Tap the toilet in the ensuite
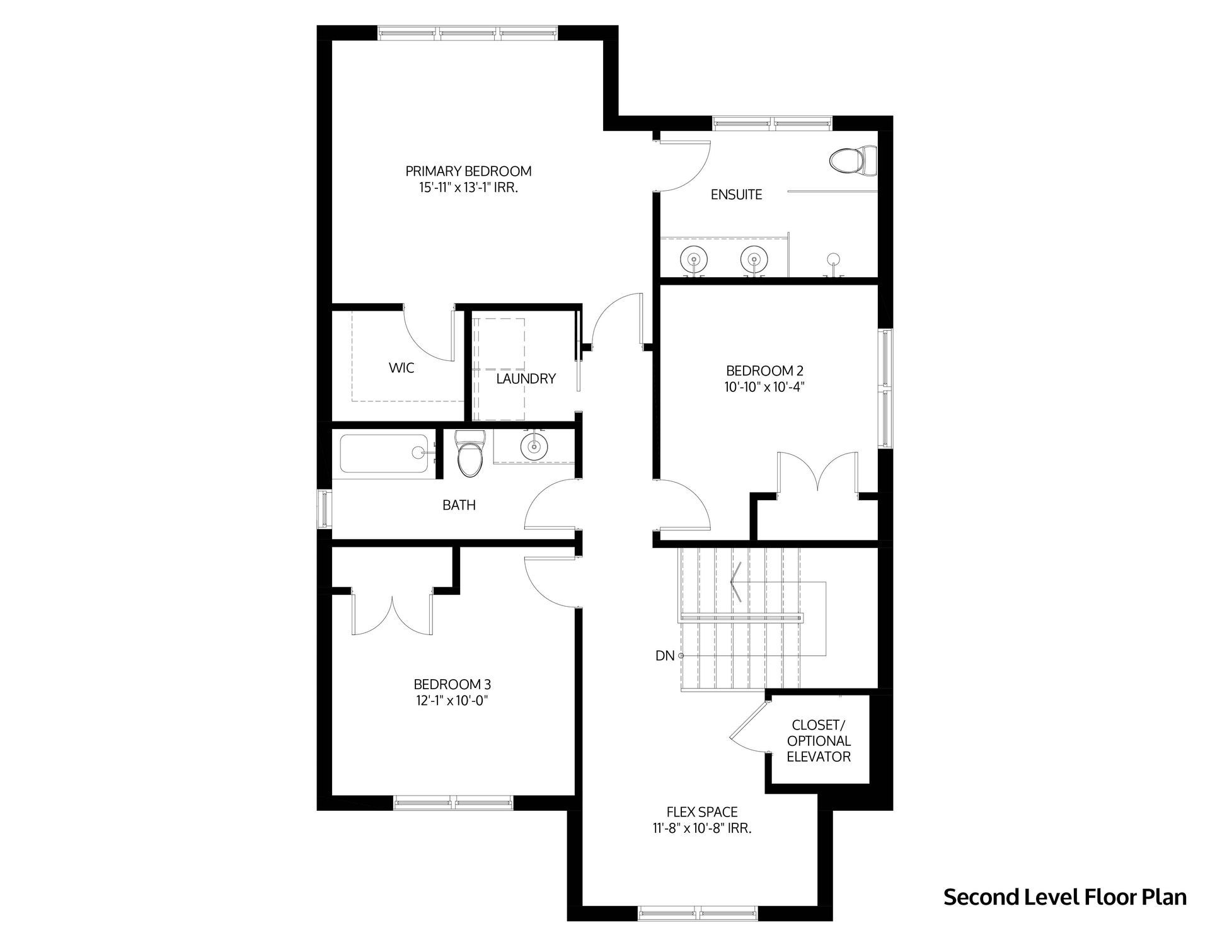853,161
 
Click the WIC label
401,367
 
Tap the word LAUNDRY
526,379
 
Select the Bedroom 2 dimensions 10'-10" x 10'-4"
764,387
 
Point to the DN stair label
665,656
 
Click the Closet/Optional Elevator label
819,741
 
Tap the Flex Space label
702,820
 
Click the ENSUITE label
736,195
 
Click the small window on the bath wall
324,509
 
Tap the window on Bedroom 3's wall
453,803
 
